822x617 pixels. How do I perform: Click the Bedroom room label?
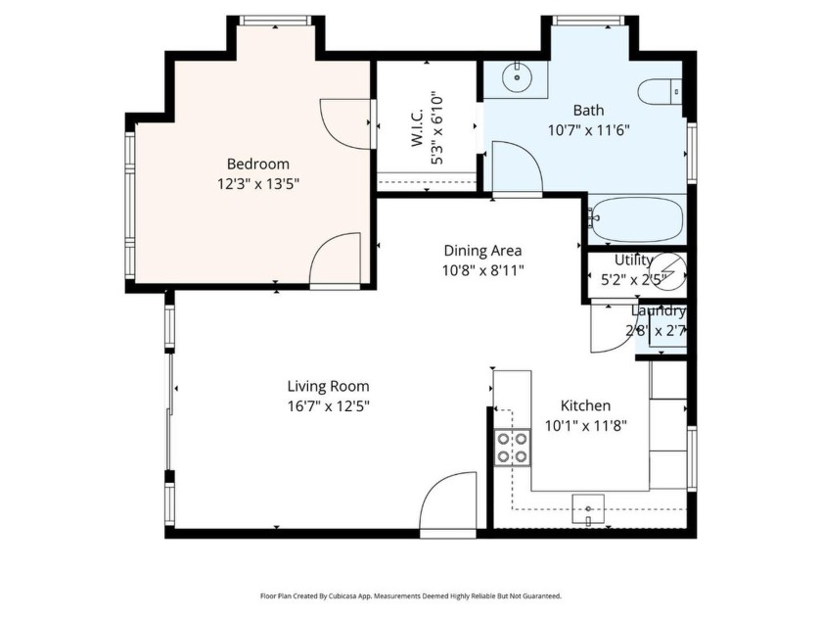(258, 164)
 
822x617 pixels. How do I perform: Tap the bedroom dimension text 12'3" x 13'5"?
(258, 183)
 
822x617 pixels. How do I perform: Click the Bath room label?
(588, 110)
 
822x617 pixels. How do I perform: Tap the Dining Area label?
(482, 250)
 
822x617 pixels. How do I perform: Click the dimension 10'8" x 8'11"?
(482, 269)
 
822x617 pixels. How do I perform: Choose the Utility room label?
(633, 261)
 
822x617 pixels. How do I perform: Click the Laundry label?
(658, 311)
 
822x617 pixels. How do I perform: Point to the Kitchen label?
(585, 405)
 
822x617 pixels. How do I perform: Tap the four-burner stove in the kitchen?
(512, 448)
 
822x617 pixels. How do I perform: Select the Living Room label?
(328, 386)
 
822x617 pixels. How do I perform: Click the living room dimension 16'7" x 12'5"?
(328, 405)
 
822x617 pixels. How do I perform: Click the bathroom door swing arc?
(517, 166)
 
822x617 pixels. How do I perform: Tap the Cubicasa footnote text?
(410, 595)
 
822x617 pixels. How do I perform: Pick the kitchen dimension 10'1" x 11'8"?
(585, 425)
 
